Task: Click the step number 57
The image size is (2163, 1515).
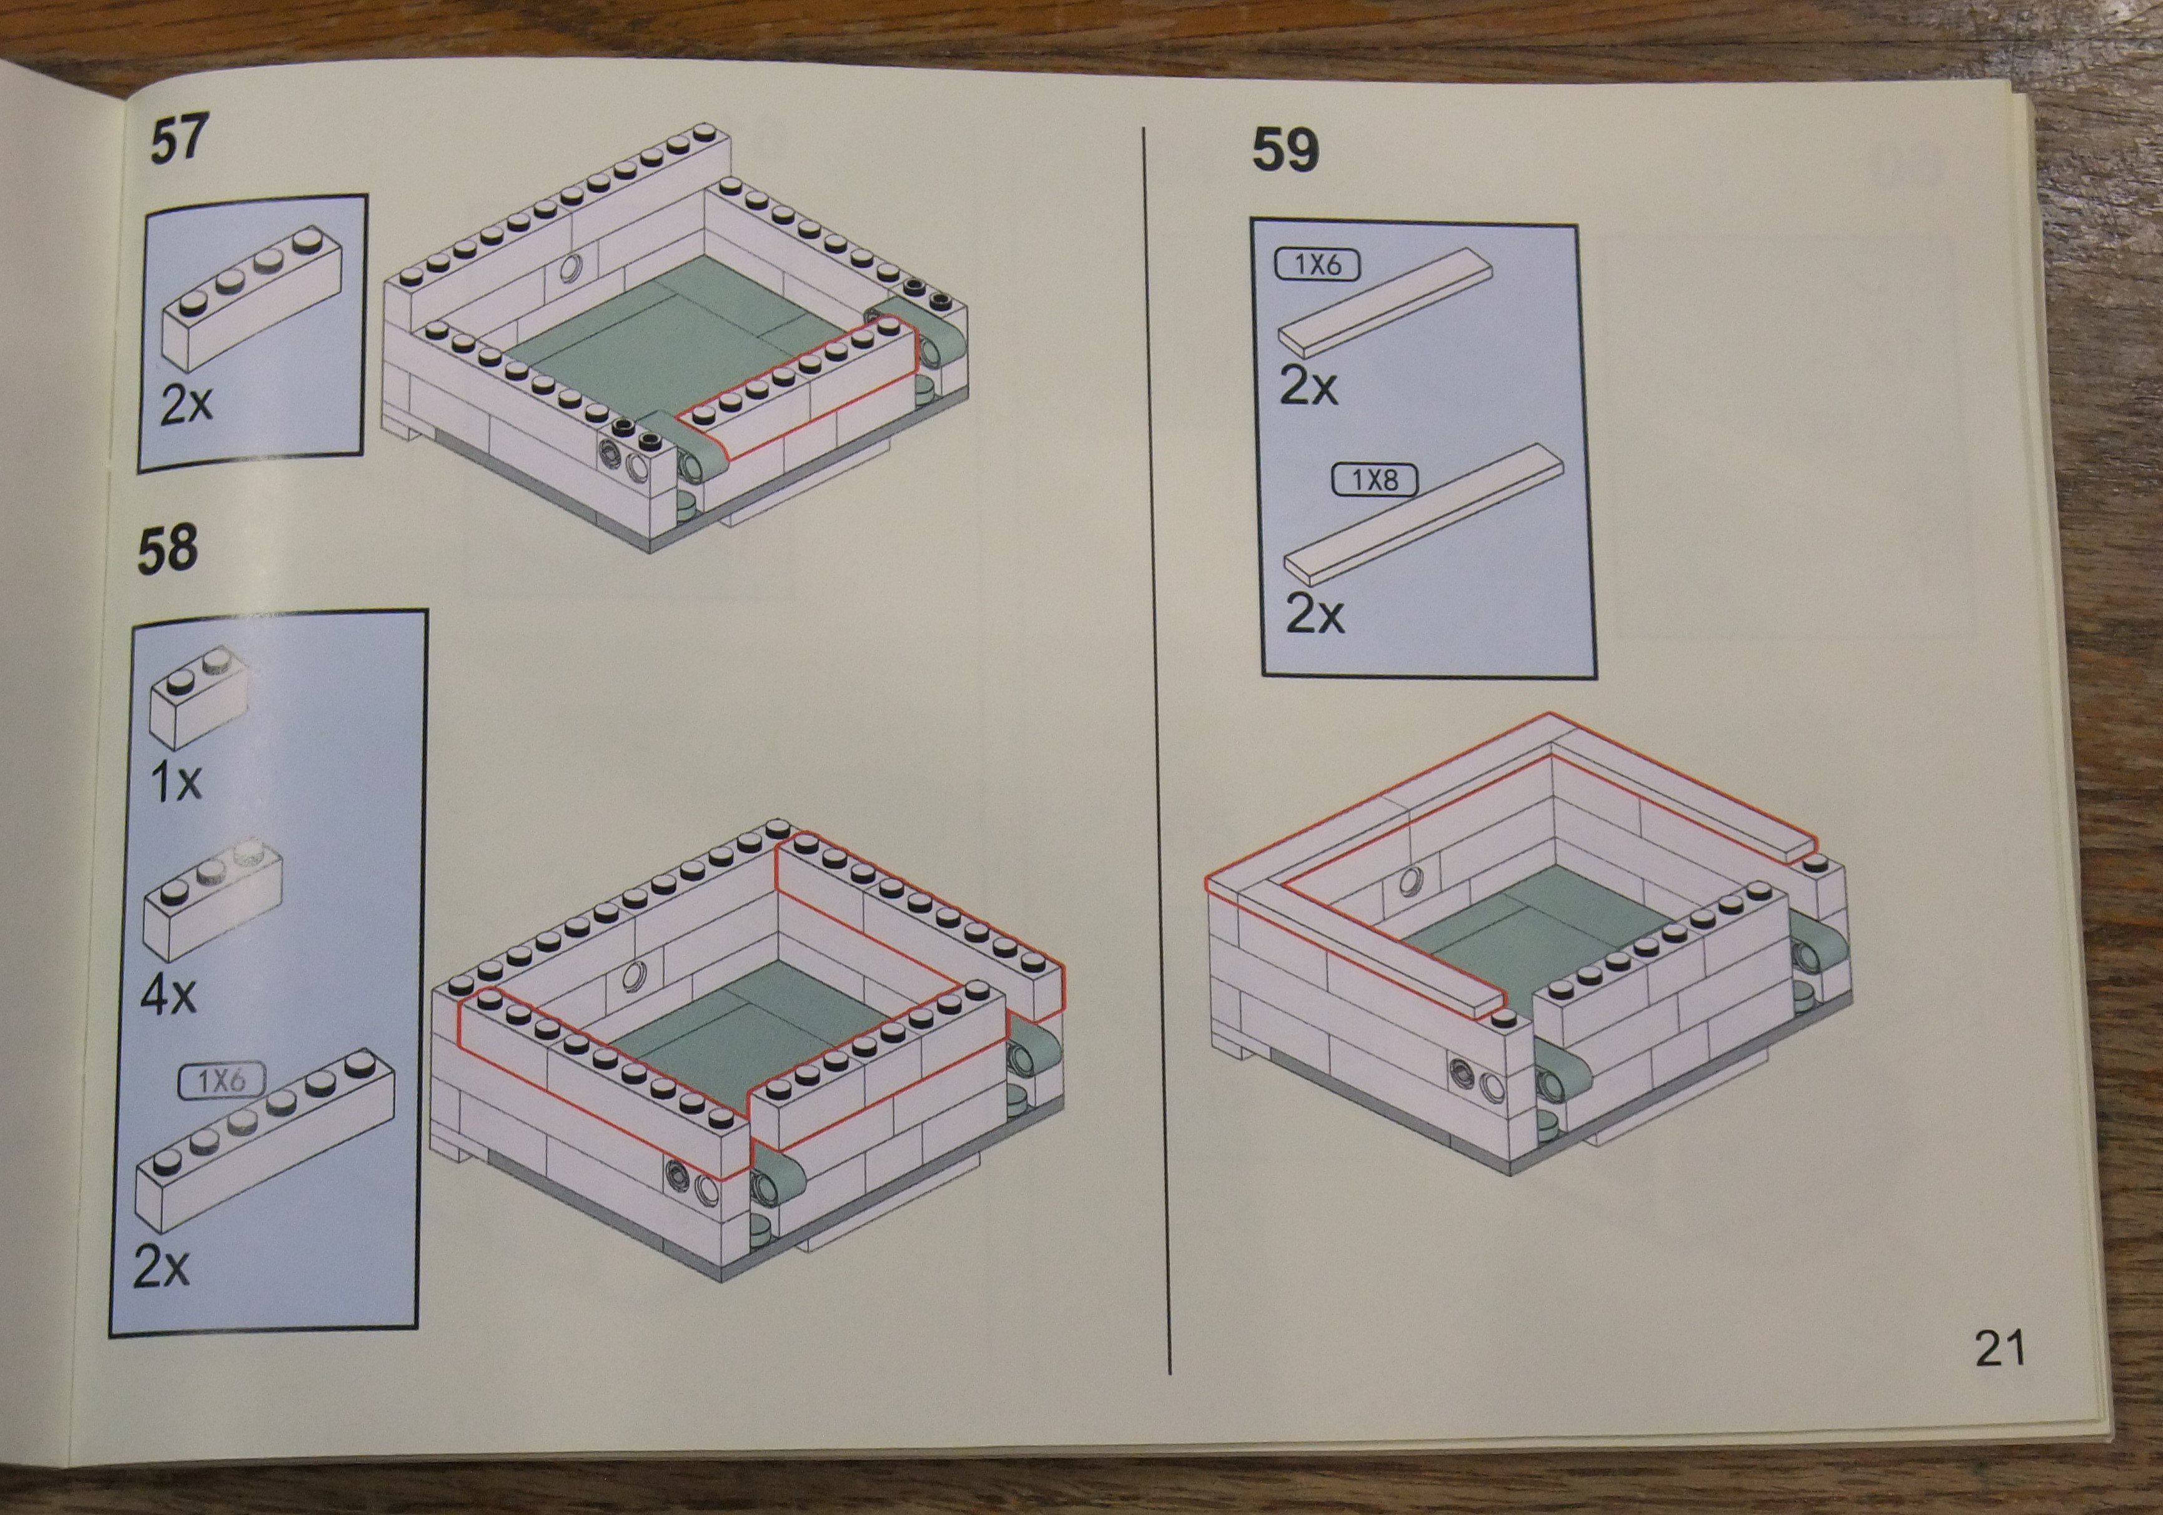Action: (179, 139)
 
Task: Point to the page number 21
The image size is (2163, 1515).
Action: (1999, 1348)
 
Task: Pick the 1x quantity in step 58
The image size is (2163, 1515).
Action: (176, 781)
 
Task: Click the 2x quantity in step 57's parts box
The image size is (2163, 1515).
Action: (187, 404)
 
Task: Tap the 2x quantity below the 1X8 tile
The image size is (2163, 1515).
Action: (1315, 614)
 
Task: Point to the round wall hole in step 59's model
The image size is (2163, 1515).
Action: (1411, 882)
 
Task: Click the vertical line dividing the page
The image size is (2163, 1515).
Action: (1156, 749)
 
